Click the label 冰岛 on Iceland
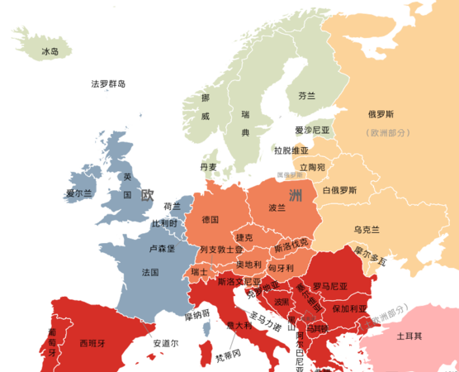click(x=50, y=51)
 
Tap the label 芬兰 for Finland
click(x=307, y=96)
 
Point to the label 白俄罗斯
click(x=339, y=190)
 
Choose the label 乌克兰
click(x=367, y=229)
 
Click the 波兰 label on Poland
click(x=277, y=208)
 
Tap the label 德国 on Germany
click(x=210, y=220)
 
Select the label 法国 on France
click(x=150, y=272)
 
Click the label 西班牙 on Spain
click(x=92, y=341)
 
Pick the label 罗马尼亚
click(x=329, y=286)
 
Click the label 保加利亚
click(x=348, y=308)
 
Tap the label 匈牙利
click(x=281, y=268)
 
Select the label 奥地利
click(x=248, y=265)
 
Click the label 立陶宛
click(x=312, y=167)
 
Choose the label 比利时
click(x=164, y=224)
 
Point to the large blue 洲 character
click(x=295, y=194)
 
